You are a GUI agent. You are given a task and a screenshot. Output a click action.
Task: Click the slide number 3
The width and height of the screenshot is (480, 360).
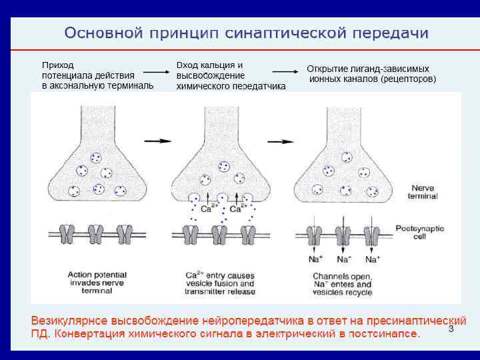pyautogui.click(x=451, y=329)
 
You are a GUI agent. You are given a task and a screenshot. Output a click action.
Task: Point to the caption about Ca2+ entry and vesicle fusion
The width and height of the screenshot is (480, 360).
pyautogui.click(x=221, y=283)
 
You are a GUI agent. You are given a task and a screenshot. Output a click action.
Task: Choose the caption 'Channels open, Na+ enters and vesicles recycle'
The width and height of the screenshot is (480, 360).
pyautogui.click(x=343, y=284)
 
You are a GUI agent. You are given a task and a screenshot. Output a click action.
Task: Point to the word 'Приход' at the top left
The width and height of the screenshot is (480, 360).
pyautogui.click(x=58, y=65)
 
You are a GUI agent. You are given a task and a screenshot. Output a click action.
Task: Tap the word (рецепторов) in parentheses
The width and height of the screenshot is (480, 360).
pyautogui.click(x=408, y=79)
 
